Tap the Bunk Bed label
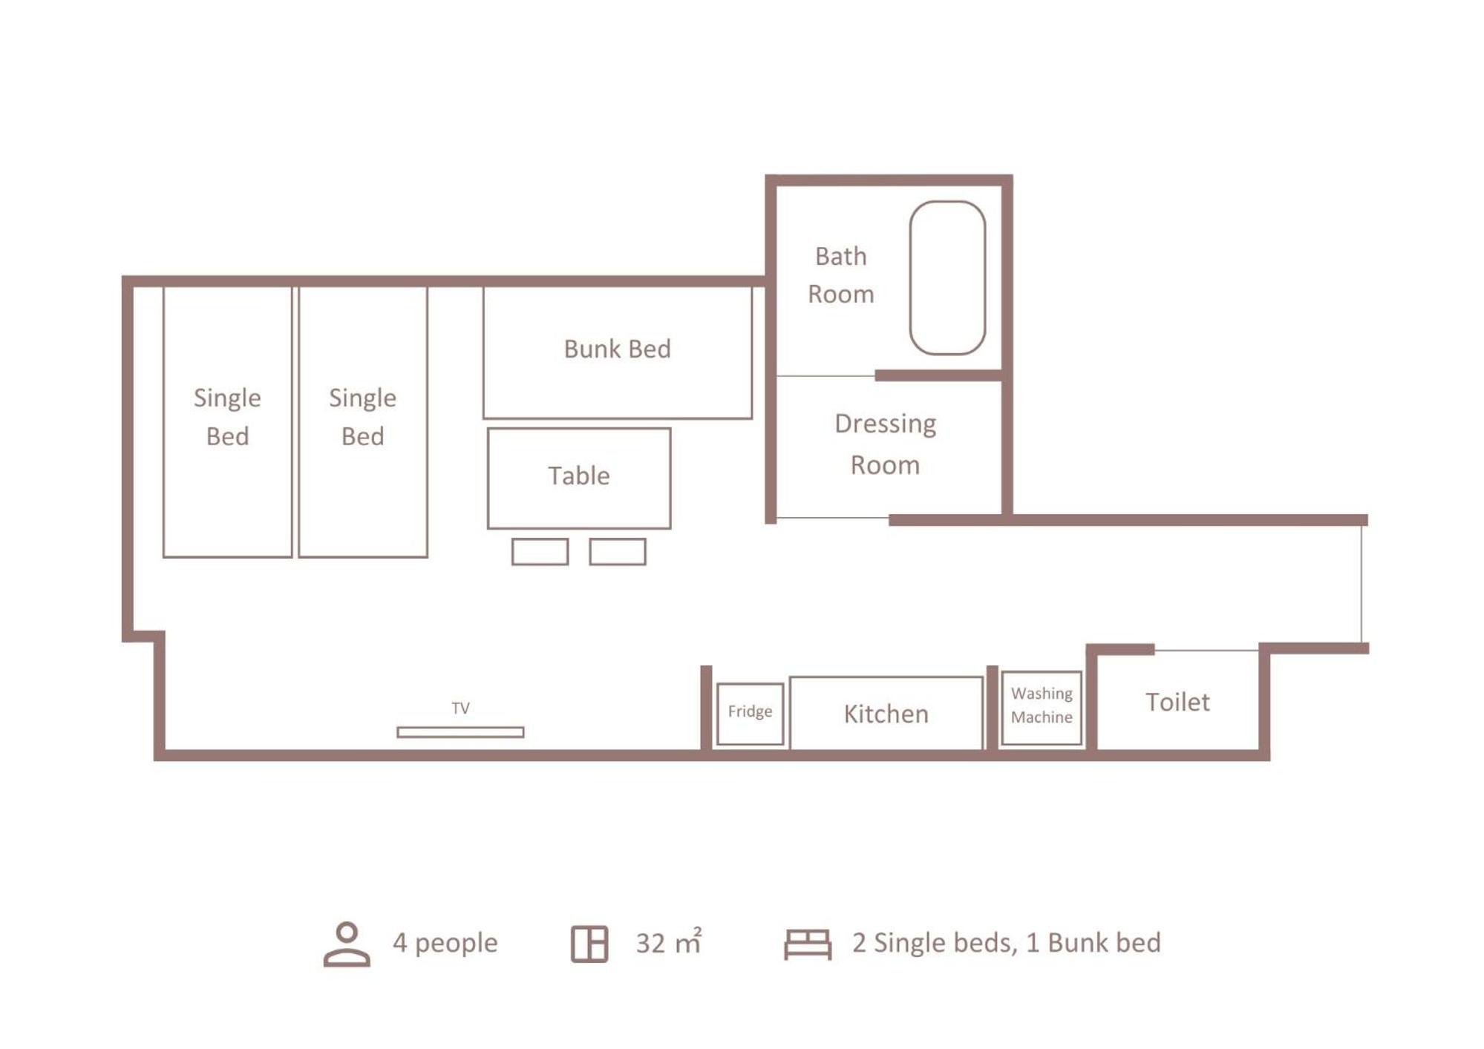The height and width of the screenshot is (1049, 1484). [617, 349]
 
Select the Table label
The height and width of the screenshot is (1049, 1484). [579, 476]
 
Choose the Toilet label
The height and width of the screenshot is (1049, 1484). [1177, 702]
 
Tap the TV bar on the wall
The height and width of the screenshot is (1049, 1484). [460, 732]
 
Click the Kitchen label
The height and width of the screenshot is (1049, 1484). [886, 714]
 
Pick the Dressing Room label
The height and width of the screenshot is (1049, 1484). [885, 444]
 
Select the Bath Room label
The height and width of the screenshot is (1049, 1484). [840, 274]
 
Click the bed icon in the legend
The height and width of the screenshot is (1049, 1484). [808, 944]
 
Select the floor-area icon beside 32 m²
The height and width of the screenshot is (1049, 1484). [589, 944]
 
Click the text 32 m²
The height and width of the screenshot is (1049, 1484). [669, 942]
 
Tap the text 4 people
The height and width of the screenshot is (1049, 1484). [445, 943]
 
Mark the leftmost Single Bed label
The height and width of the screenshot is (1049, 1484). [227, 417]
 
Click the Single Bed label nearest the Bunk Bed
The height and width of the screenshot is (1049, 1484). [362, 417]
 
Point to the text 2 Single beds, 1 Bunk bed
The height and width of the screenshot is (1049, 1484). [1006, 943]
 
